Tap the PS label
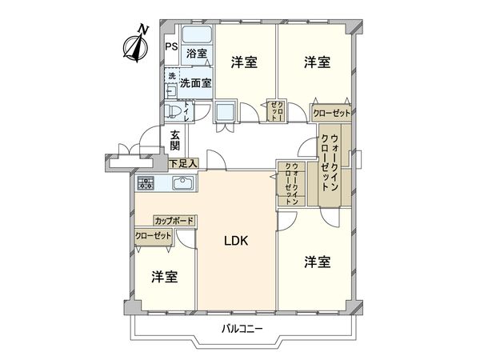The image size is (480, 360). (x=171, y=46)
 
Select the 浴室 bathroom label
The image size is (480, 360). (x=197, y=54)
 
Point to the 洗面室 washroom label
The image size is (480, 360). (x=196, y=82)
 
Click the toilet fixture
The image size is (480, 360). (x=173, y=110)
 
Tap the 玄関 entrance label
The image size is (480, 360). (x=176, y=141)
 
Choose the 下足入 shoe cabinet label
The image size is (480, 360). (x=183, y=163)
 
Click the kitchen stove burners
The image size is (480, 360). (x=146, y=184)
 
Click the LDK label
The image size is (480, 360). (x=236, y=241)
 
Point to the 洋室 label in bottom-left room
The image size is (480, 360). (x=164, y=276)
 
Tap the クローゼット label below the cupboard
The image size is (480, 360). (x=154, y=236)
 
